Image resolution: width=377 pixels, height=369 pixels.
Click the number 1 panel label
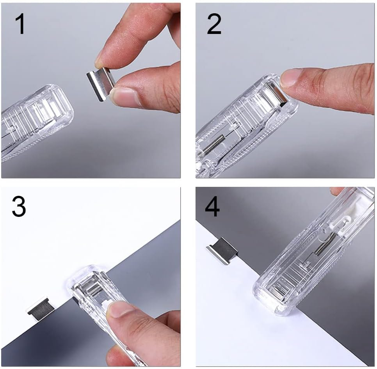coord(20,24)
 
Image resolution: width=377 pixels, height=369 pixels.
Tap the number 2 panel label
coord(214,24)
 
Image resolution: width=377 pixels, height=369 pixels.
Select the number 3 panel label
coord(19,207)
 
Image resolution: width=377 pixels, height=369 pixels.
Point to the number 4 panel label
coord(212,207)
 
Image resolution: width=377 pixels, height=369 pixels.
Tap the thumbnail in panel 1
coord(124,97)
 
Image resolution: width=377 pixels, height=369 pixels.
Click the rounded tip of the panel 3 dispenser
coord(84,273)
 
